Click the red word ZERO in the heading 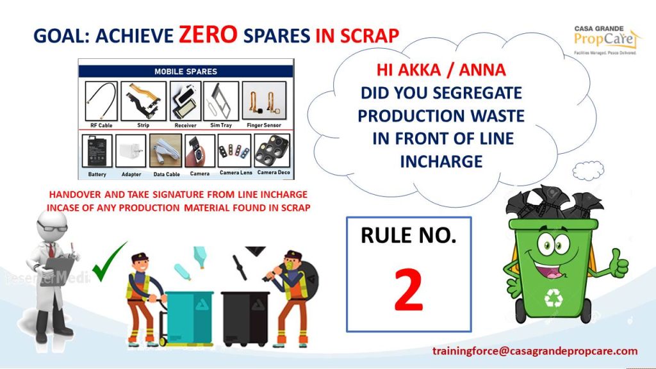[x=208, y=35]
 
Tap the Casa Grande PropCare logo [x=606, y=40]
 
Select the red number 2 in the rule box [x=408, y=290]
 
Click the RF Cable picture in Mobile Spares [x=101, y=101]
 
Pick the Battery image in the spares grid [x=97, y=151]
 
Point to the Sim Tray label [x=221, y=125]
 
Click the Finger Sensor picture [x=264, y=101]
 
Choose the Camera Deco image [x=272, y=151]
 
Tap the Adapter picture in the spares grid [x=131, y=151]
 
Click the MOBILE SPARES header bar [x=186, y=71]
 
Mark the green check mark [x=108, y=262]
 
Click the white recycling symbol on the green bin [x=553, y=297]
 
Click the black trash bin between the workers [x=245, y=318]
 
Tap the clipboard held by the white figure [x=60, y=271]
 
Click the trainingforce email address [x=535, y=351]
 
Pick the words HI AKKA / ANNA [x=441, y=70]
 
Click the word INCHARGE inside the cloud [x=441, y=161]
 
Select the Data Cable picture [x=166, y=151]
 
